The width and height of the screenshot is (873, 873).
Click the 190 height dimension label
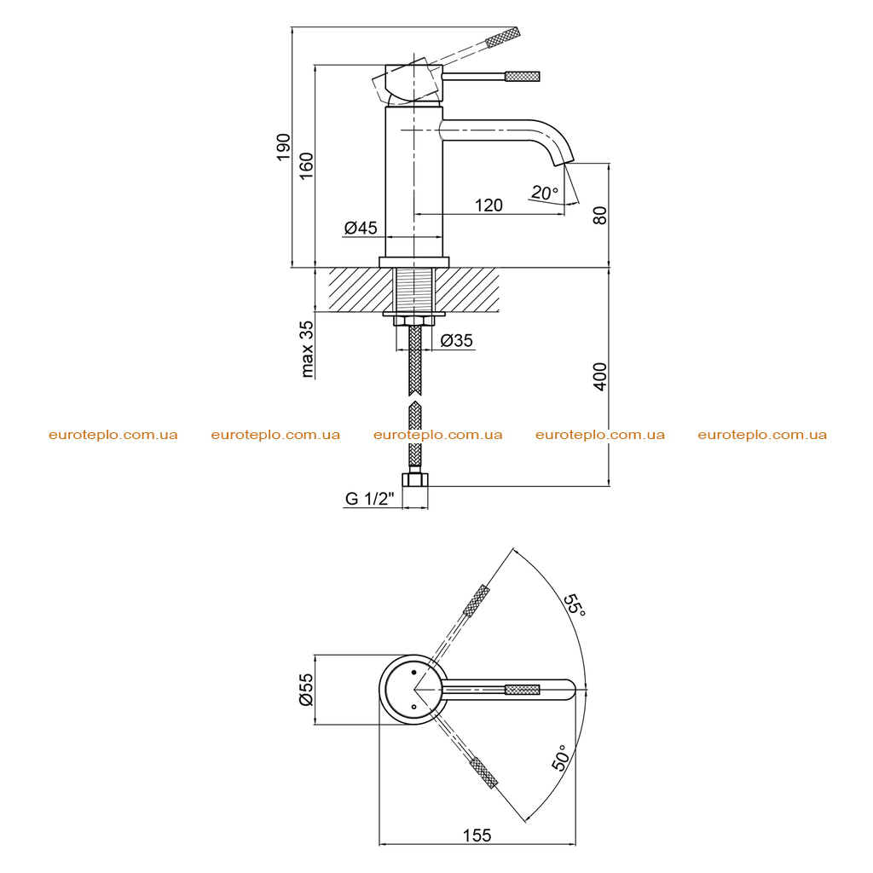click(x=283, y=147)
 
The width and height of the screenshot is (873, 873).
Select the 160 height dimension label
click(x=306, y=165)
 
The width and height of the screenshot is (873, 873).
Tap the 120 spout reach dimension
click(x=489, y=205)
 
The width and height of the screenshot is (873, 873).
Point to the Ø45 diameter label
click(x=361, y=227)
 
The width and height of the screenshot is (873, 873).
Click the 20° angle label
click(x=544, y=193)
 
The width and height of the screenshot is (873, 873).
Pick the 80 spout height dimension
click(x=600, y=215)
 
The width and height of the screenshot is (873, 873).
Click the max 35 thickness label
click(x=306, y=349)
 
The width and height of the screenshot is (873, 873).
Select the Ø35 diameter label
click(x=457, y=339)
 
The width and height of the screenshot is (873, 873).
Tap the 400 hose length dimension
click(x=600, y=376)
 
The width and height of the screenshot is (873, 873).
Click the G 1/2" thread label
click(x=370, y=498)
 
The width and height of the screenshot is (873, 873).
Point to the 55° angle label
click(x=575, y=605)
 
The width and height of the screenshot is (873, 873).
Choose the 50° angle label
click(x=562, y=758)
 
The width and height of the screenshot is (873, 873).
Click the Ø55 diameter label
click(x=306, y=689)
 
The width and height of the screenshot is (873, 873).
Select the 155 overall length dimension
click(x=477, y=835)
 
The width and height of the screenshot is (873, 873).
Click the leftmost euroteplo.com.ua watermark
click(x=113, y=435)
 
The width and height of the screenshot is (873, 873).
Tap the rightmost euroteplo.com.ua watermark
click(x=762, y=435)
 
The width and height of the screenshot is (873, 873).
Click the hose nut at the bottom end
click(x=415, y=479)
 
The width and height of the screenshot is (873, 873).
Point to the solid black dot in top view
click(x=413, y=673)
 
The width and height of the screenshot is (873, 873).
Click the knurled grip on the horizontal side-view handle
click(x=523, y=76)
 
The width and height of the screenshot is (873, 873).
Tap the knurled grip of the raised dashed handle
click(x=503, y=37)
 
